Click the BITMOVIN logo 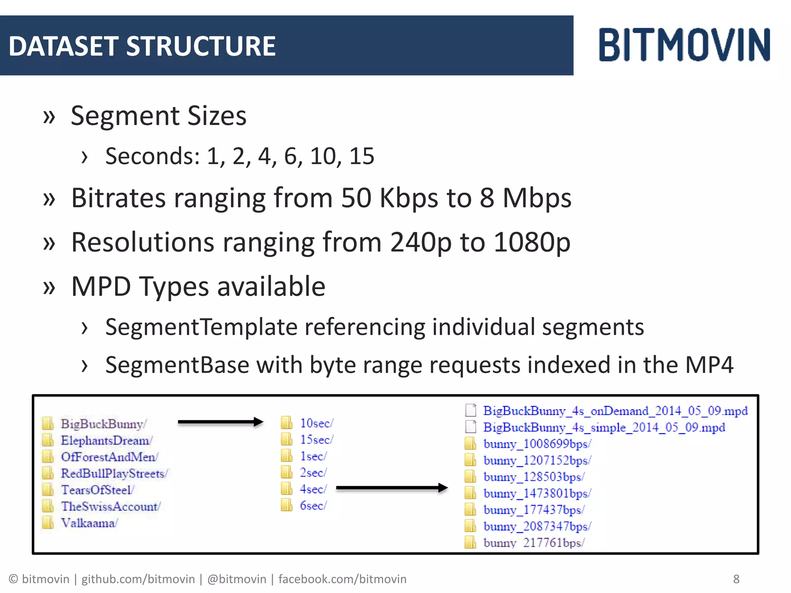684,45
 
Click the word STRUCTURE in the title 201,46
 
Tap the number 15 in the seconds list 362,156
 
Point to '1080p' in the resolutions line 532,242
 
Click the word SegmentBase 177,365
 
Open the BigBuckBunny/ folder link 103,424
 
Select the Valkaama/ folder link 89,523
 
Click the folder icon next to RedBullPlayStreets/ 48,473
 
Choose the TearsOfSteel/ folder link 97,490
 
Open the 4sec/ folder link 313,489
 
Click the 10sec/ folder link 316,423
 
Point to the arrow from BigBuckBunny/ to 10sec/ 220,422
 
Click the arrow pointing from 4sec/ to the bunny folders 392,488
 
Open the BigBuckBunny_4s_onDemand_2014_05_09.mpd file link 615,411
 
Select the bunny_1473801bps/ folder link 537,493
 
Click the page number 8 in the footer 736,579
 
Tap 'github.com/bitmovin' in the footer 138,579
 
